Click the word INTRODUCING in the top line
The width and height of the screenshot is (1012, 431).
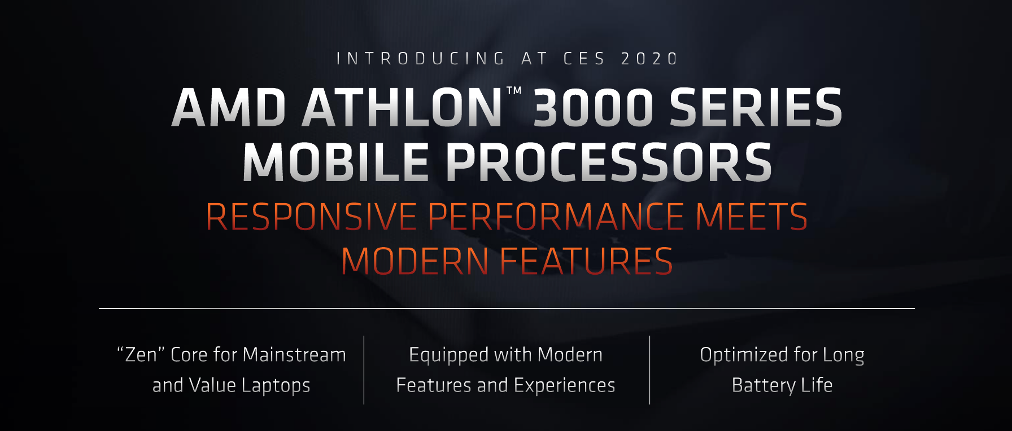point(420,59)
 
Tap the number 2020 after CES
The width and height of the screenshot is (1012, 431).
point(649,59)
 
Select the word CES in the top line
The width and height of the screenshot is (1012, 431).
point(584,59)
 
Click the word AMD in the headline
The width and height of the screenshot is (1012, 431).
point(229,107)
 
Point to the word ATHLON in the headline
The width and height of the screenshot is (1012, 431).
point(402,107)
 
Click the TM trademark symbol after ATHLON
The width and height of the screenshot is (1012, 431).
point(513,90)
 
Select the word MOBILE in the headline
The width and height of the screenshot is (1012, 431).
point(336,162)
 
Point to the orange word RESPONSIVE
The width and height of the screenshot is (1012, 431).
point(311,217)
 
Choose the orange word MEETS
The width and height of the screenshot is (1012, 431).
point(752,217)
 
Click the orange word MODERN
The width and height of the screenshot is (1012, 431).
point(415,261)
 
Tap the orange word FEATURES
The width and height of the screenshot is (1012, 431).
point(587,261)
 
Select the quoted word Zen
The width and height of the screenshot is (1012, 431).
point(141,354)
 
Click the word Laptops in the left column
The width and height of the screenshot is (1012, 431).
point(276,385)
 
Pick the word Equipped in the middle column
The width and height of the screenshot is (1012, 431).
point(448,355)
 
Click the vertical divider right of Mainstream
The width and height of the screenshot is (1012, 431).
point(364,370)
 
